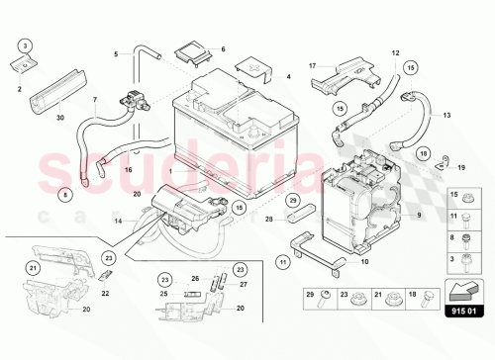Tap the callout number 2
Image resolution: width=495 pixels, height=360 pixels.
pos(19,88)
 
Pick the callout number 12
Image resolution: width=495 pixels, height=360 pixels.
pos(395,51)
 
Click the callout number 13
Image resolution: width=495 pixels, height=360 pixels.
pos(446,114)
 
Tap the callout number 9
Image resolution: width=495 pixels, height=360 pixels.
pos(418,215)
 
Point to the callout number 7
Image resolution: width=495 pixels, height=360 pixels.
pos(95,99)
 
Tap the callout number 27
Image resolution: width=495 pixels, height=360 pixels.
pos(245,284)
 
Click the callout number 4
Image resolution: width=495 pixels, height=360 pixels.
pos(288,76)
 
